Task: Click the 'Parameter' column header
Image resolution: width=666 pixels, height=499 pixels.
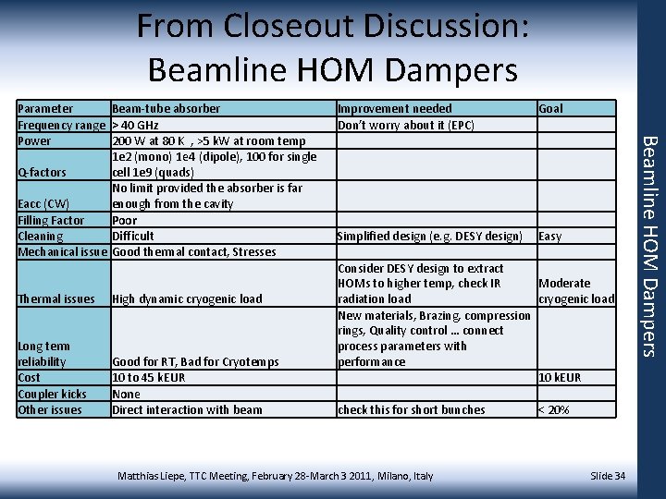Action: pyautogui.click(x=45, y=109)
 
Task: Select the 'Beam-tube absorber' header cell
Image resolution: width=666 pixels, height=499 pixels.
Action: pyautogui.click(x=166, y=109)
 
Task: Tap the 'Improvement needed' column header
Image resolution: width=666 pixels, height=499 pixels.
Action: pyautogui.click(x=394, y=109)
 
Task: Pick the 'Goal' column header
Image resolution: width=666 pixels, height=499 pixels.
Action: pyautogui.click(x=550, y=109)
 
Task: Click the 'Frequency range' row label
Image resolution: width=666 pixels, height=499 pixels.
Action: pyautogui.click(x=61, y=125)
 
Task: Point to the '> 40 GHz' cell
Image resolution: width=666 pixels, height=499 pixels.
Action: pyautogui.click(x=135, y=125)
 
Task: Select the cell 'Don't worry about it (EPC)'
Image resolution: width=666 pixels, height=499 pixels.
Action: pyautogui.click(x=405, y=125)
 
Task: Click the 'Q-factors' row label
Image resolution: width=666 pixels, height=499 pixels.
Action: pyautogui.click(x=43, y=173)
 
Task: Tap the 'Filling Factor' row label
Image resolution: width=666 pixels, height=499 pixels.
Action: pyautogui.click(x=51, y=220)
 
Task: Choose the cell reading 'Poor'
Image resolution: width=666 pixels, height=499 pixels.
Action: pyautogui.click(x=124, y=220)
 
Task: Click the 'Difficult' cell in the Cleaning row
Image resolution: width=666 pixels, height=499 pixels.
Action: pyautogui.click(x=132, y=236)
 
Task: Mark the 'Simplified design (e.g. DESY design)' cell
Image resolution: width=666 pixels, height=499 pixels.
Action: pyautogui.click(x=429, y=236)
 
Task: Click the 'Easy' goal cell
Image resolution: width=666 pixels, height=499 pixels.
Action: pyautogui.click(x=549, y=236)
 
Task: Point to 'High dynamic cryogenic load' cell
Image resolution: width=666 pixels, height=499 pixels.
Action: pyautogui.click(x=187, y=298)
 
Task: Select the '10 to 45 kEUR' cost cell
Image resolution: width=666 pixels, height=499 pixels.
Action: pyautogui.click(x=148, y=378)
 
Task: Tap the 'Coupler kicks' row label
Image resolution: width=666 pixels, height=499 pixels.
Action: pyautogui.click(x=52, y=394)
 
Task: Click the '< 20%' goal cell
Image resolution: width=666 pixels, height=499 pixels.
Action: pyautogui.click(x=553, y=409)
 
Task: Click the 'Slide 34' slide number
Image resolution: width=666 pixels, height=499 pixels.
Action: pyautogui.click(x=608, y=476)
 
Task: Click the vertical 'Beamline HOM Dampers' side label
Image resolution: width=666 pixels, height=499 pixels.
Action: pyautogui.click(x=649, y=245)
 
